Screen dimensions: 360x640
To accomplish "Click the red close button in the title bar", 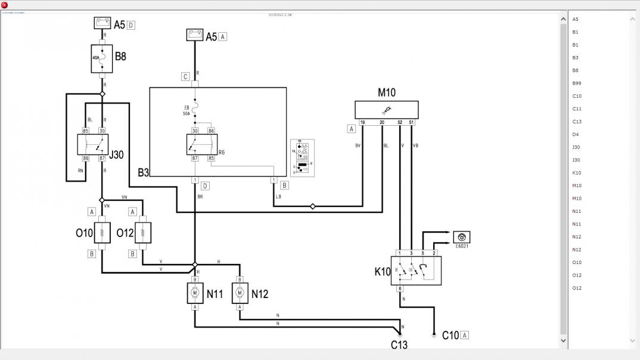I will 5,5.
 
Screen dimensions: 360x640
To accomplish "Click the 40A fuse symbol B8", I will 102,58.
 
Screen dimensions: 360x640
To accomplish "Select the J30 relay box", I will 93,144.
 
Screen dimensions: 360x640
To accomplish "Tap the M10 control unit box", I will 386,110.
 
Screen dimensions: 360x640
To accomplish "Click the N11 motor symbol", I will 195,293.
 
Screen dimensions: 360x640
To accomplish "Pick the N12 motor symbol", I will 240,293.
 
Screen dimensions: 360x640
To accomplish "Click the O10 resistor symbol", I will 102,232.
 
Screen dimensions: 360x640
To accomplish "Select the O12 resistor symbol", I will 142,232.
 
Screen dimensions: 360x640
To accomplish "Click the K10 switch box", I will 416,271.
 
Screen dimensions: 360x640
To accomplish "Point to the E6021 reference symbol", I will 461,237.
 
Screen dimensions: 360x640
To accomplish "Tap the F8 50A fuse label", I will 187,110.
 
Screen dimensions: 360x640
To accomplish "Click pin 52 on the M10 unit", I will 400,122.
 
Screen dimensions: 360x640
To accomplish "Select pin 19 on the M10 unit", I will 362,122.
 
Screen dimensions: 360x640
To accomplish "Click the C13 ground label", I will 399,345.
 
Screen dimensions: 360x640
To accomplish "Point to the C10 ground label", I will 451,336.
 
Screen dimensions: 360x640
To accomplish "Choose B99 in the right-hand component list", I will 577,83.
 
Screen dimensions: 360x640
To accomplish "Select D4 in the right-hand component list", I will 576,134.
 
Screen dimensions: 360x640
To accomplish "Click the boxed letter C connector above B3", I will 186,76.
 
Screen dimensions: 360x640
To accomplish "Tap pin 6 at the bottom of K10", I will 400,288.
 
